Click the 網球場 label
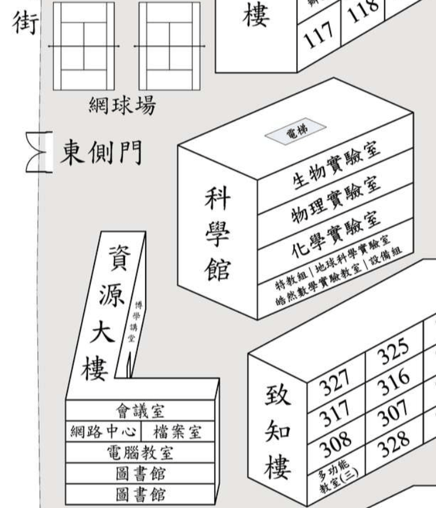(x=122, y=107)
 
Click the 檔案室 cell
(x=176, y=431)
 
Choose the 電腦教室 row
(x=140, y=453)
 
